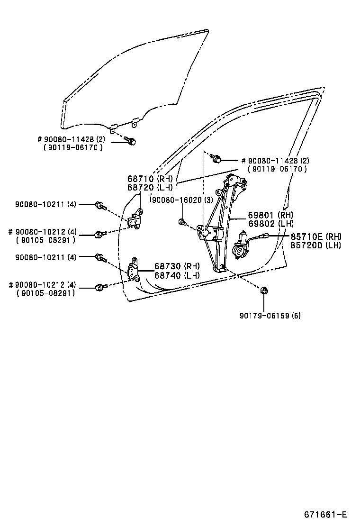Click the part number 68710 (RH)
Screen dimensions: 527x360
tap(151, 179)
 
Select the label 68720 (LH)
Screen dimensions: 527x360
tap(151, 188)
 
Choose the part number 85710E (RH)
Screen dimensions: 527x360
tap(316, 236)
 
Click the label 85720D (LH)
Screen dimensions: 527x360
tap(316, 245)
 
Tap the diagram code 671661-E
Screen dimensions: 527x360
tap(326, 515)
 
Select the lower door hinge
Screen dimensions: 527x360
tap(134, 271)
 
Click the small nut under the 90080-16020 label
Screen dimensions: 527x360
tap(182, 221)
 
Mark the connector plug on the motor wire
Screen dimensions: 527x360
tap(267, 236)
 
